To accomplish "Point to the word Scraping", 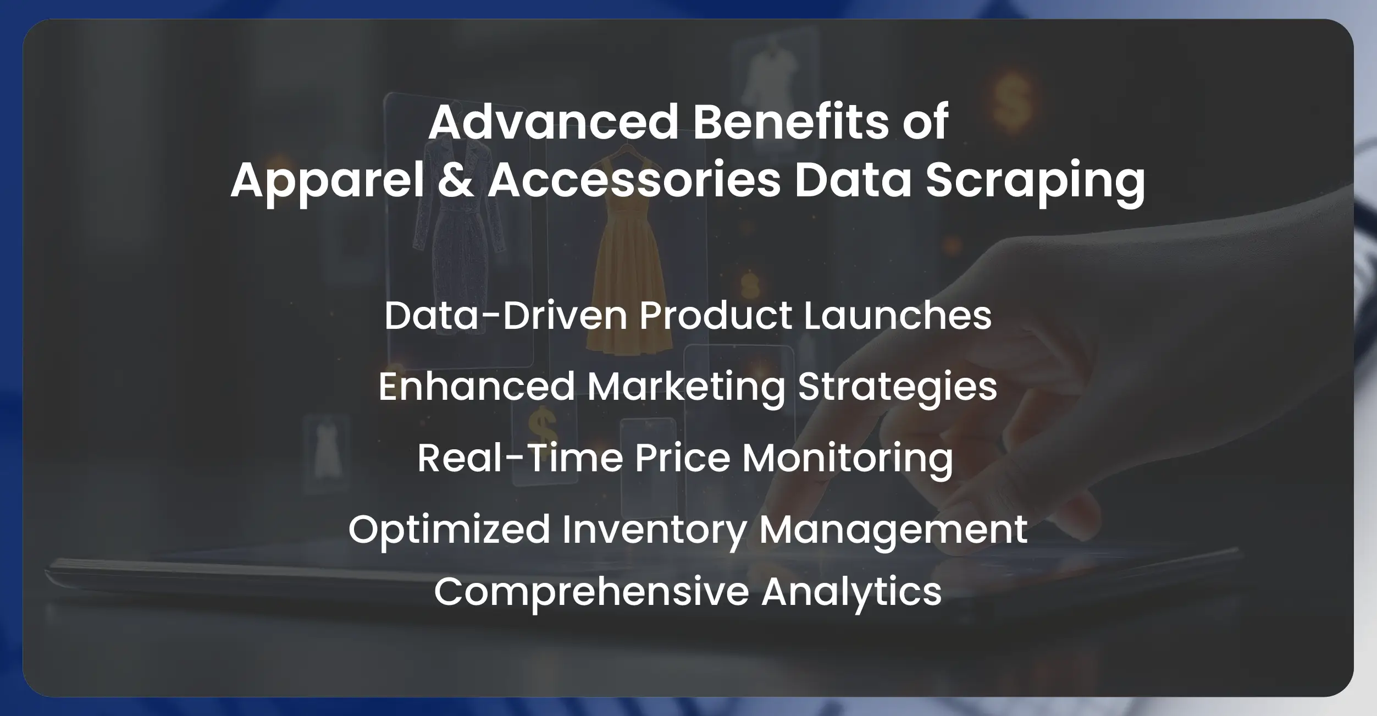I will click(x=1035, y=181).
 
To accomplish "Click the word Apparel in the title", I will click(x=328, y=181).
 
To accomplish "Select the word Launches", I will click(x=898, y=316).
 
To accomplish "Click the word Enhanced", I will click(x=477, y=386).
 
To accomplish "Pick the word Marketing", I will click(x=687, y=387).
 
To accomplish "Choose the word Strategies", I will click(x=897, y=387).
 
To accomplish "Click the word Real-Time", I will click(x=520, y=458).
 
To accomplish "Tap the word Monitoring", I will click(x=848, y=459).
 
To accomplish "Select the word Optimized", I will click(x=449, y=530).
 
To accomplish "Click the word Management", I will click(x=893, y=530).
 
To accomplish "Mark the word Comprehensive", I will click(x=591, y=592).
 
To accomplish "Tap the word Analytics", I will click(x=851, y=592).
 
